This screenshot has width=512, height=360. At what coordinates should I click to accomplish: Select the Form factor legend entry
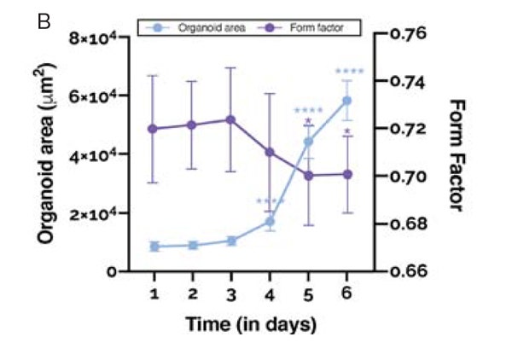(x=316, y=28)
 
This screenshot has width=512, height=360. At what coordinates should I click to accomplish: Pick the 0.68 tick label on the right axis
(x=415, y=224)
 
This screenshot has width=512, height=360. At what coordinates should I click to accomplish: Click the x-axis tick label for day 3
(x=230, y=293)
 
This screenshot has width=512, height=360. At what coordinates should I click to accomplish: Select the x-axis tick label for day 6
(x=346, y=293)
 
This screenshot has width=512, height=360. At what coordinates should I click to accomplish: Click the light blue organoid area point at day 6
(x=346, y=101)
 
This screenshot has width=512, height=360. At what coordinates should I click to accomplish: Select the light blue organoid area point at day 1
(x=154, y=247)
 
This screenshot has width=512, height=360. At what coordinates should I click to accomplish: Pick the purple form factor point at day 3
(x=231, y=119)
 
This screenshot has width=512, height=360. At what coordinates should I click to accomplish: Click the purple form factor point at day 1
(x=154, y=129)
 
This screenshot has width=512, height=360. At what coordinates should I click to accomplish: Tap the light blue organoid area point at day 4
(x=270, y=222)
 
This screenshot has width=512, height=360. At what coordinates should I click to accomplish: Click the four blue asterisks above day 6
(x=350, y=72)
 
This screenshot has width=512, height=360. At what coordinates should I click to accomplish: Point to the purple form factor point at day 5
(x=308, y=176)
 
